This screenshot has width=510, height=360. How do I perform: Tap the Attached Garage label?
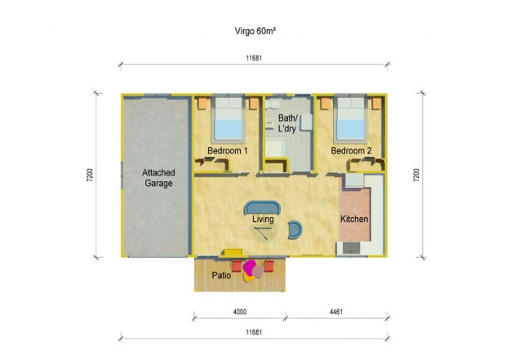[x=157, y=179]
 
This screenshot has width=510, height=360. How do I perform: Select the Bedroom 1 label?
[x=227, y=152]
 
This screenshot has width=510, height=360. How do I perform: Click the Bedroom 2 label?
[x=352, y=152]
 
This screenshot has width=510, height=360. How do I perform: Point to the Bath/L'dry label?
[x=288, y=125]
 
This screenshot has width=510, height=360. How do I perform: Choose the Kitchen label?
[x=354, y=220]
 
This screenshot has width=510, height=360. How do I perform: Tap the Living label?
[x=263, y=220]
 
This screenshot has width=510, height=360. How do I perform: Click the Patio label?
[x=220, y=276]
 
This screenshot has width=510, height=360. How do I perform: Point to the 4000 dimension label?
[x=238, y=311]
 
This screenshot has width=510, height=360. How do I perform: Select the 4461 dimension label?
[x=335, y=311]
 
